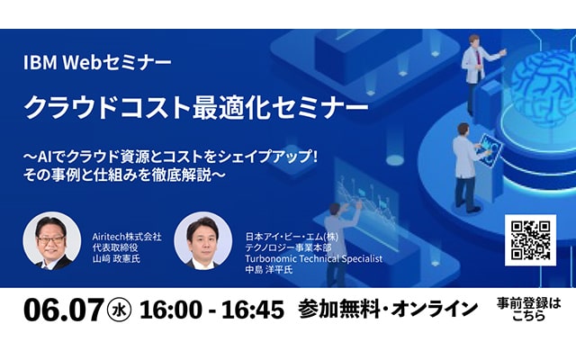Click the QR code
pyautogui.click(x=530, y=240)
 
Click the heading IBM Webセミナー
pyautogui.click(x=97, y=63)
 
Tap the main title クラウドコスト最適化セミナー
pyautogui.click(x=196, y=107)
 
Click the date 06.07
pyautogui.click(x=64, y=310)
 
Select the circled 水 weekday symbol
pyautogui.click(x=119, y=310)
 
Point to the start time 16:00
pyautogui.click(x=171, y=310)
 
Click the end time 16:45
pyautogui.click(x=253, y=310)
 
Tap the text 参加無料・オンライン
pyautogui.click(x=388, y=310)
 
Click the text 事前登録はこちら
pyautogui.click(x=528, y=310)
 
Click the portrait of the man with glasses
pyautogui.click(x=52, y=241)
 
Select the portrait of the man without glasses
pyautogui.click(x=202, y=241)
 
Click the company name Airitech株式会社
pyautogui.click(x=127, y=237)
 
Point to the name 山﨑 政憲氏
pyautogui.click(x=116, y=258)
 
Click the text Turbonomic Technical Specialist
pyautogui.click(x=314, y=258)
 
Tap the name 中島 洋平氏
pyautogui.click(x=269, y=270)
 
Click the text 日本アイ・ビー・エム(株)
pyautogui.click(x=292, y=237)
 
